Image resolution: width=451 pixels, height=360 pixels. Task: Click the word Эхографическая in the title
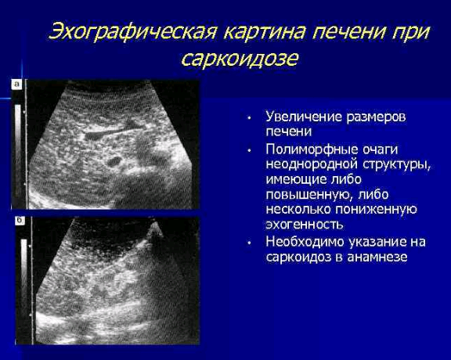point(132,31)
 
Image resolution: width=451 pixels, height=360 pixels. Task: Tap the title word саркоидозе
point(240,59)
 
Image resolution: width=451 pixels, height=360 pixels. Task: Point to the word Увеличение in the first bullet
point(304,117)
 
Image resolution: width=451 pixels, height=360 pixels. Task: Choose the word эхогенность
point(305,225)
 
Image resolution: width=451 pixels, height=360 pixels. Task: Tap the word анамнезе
point(377,257)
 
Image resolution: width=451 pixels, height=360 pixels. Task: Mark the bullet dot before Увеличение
point(249,118)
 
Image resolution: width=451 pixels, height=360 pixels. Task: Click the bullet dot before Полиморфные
point(249,151)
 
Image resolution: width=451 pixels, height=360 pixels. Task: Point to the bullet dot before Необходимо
point(249,243)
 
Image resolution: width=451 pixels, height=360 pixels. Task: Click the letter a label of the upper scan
point(17,85)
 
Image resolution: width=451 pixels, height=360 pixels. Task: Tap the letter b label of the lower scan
point(20,221)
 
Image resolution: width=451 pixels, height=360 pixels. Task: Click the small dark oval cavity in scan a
point(114,161)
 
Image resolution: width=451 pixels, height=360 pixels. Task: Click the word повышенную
point(309,195)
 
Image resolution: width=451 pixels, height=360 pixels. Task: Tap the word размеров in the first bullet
point(376,118)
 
